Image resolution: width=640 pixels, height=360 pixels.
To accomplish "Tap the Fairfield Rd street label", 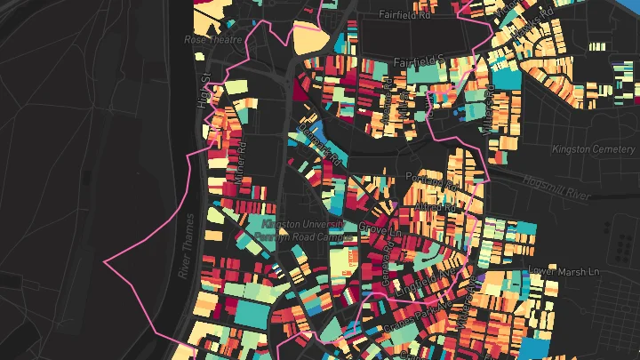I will pyautogui.click(x=404, y=15).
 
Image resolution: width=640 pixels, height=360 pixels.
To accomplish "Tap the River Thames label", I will pyautogui.click(x=186, y=245).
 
